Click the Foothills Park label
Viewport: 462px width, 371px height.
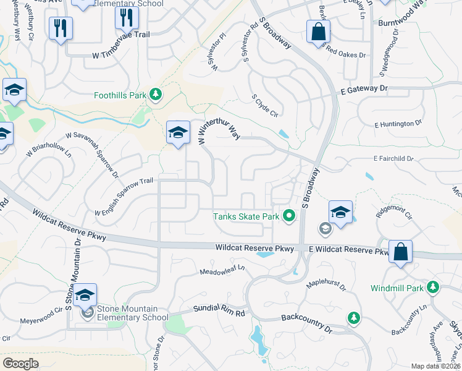(120, 95)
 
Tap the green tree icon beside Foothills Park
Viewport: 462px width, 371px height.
(156, 94)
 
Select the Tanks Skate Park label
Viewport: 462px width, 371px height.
(246, 216)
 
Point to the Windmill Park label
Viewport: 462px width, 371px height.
(397, 288)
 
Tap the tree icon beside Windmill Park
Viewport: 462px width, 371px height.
(434, 287)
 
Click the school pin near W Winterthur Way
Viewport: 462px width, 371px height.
(178, 133)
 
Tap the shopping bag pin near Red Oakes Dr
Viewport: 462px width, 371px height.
(317, 32)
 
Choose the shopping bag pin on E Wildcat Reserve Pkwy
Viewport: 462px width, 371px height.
(400, 252)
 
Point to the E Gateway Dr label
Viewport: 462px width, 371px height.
(364, 90)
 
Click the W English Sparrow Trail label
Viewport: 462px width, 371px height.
(123, 197)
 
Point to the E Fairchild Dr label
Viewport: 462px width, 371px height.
(393, 158)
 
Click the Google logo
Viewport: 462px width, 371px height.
(21, 363)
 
